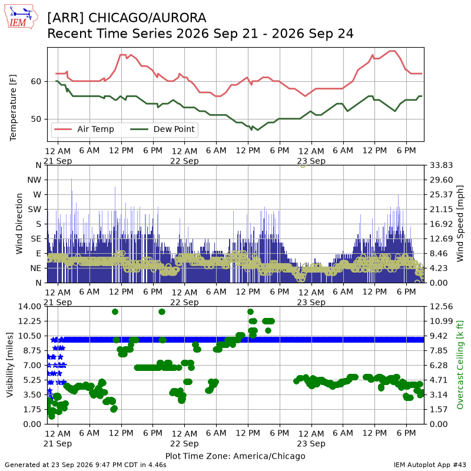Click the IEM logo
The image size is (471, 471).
(x=21, y=16)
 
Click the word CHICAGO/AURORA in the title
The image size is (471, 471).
(x=147, y=18)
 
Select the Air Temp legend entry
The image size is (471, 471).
(x=84, y=129)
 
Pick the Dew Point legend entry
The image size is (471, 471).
(x=162, y=129)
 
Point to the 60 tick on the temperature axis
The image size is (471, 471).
(x=36, y=81)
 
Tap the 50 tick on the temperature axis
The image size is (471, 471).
(x=36, y=119)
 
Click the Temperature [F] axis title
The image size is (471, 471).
(x=13, y=108)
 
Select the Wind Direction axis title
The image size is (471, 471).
(x=19, y=224)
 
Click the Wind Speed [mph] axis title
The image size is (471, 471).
(x=460, y=224)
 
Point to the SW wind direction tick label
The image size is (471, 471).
(x=35, y=210)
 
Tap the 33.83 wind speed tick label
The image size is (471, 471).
(x=441, y=165)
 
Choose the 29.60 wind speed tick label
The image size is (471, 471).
(x=441, y=180)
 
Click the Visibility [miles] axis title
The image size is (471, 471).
(x=10, y=365)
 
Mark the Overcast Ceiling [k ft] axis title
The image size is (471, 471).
(x=460, y=365)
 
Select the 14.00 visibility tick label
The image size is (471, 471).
(x=30, y=306)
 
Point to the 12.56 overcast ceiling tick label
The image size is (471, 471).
(x=441, y=306)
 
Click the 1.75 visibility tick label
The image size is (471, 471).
(x=32, y=409)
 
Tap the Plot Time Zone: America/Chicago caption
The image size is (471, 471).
(x=235, y=456)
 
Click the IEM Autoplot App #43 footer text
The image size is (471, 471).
(x=430, y=465)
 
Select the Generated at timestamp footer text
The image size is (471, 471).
(x=85, y=465)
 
